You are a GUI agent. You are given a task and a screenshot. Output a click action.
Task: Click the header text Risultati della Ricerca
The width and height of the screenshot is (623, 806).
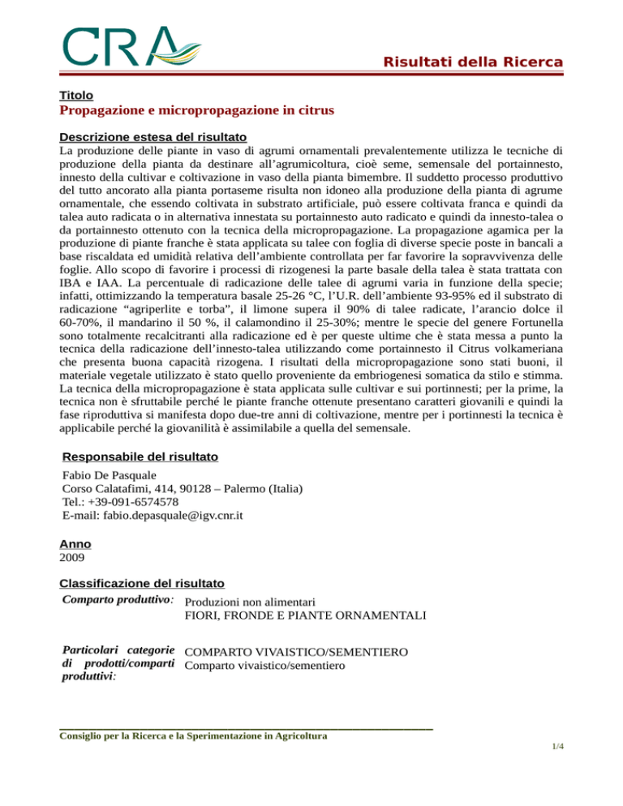click(x=474, y=62)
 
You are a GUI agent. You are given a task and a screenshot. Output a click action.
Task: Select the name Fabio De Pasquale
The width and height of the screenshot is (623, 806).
click(x=112, y=477)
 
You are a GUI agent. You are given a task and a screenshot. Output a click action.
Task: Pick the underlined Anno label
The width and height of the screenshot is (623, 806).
click(x=75, y=545)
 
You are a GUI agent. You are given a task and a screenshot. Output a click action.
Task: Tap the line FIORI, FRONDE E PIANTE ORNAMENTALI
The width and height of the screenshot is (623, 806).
click(x=306, y=616)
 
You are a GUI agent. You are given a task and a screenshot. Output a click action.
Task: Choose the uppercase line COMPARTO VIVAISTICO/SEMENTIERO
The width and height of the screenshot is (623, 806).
click(x=295, y=652)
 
